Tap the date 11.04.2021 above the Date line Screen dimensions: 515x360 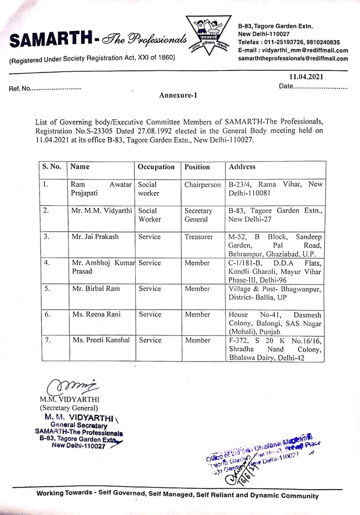coord(306,77)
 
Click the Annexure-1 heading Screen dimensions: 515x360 coord(178,96)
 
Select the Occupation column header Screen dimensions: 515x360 coord(156,167)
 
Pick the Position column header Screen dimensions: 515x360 coord(197,167)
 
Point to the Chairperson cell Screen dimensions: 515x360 coord(202,185)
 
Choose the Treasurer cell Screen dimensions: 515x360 coord(198,237)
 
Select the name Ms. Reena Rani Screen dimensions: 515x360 coord(97,314)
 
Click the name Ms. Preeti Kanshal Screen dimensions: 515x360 coord(101,340)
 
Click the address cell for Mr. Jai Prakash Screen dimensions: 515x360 coord(275,245)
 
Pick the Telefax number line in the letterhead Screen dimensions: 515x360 coord(289,42)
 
